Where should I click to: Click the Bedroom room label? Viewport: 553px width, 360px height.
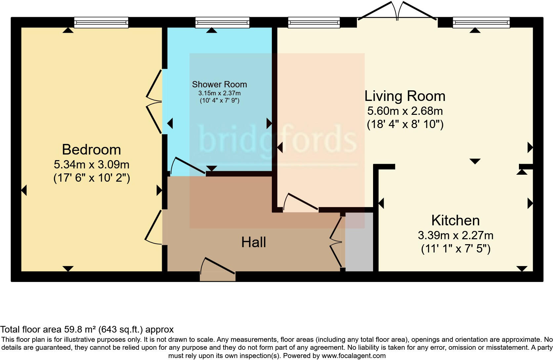91,150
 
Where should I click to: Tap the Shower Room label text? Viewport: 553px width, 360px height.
219,84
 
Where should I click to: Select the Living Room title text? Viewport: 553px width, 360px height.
405,96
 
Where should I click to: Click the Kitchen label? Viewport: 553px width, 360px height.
455,220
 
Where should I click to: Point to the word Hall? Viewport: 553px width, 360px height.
253,242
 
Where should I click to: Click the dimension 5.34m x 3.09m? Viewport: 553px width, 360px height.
91,164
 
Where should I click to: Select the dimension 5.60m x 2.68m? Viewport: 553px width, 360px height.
405,111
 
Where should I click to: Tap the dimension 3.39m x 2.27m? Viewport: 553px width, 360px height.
455,236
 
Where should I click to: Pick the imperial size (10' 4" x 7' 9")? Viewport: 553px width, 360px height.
219,101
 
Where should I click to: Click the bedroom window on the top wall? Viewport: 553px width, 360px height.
101,22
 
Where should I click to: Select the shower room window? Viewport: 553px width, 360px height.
222,22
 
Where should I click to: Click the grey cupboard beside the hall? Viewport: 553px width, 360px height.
359,242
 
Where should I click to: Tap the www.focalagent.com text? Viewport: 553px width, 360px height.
353,356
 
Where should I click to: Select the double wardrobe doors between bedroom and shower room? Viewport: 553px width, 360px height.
154,101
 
